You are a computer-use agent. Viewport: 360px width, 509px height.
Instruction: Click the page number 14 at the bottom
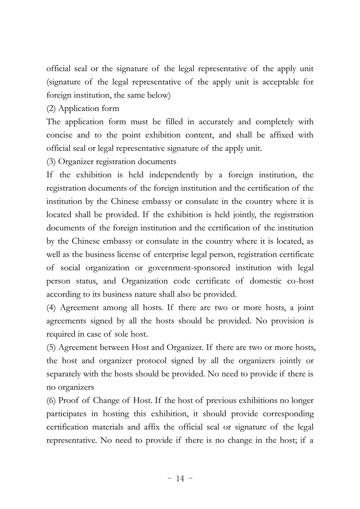pos(180,478)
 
